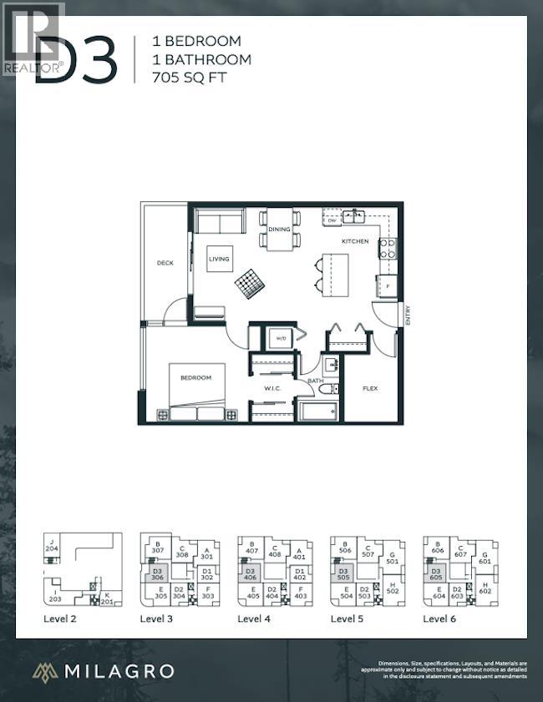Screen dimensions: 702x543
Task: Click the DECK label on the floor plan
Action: [x=165, y=263]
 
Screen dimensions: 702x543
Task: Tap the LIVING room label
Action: [x=219, y=260]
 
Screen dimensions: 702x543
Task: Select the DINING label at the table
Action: [x=279, y=229]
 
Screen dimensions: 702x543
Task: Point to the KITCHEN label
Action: [x=354, y=241]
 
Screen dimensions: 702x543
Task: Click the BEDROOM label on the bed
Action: [x=196, y=378]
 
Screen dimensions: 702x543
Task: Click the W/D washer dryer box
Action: [x=277, y=338]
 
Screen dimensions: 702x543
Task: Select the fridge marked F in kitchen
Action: [x=387, y=286]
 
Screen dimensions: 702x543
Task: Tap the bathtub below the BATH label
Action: [x=317, y=410]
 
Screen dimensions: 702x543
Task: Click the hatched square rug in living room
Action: [x=248, y=284]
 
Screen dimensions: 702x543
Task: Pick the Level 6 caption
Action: [x=440, y=619]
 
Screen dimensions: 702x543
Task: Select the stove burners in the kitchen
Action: [x=388, y=248]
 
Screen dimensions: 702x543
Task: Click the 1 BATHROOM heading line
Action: [x=201, y=59]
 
